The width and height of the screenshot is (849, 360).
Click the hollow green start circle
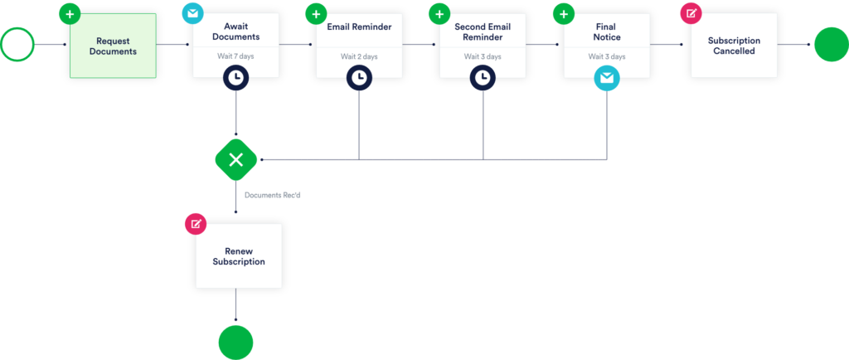[17, 45]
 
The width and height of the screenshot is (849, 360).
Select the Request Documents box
[114, 46]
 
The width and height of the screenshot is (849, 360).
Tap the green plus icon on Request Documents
[70, 14]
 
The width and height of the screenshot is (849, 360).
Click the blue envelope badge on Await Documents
[192, 14]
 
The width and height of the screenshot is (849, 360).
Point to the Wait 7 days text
[236, 56]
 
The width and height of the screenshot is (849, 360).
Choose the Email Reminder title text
[359, 27]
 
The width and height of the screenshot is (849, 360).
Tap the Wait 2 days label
[359, 56]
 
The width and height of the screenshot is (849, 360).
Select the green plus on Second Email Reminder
[439, 14]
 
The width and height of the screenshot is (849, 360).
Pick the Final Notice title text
[606, 32]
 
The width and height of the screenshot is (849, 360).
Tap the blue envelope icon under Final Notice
[606, 78]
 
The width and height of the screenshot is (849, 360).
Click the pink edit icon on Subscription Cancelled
[691, 14]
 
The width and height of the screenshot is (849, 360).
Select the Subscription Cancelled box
[734, 46]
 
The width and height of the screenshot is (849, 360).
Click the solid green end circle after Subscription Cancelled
[830, 45]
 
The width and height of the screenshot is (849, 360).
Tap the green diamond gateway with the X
[235, 158]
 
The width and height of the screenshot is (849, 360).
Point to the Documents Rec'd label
[272, 195]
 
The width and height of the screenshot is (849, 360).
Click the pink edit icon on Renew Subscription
[196, 224]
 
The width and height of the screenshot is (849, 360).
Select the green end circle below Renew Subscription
[235, 341]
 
